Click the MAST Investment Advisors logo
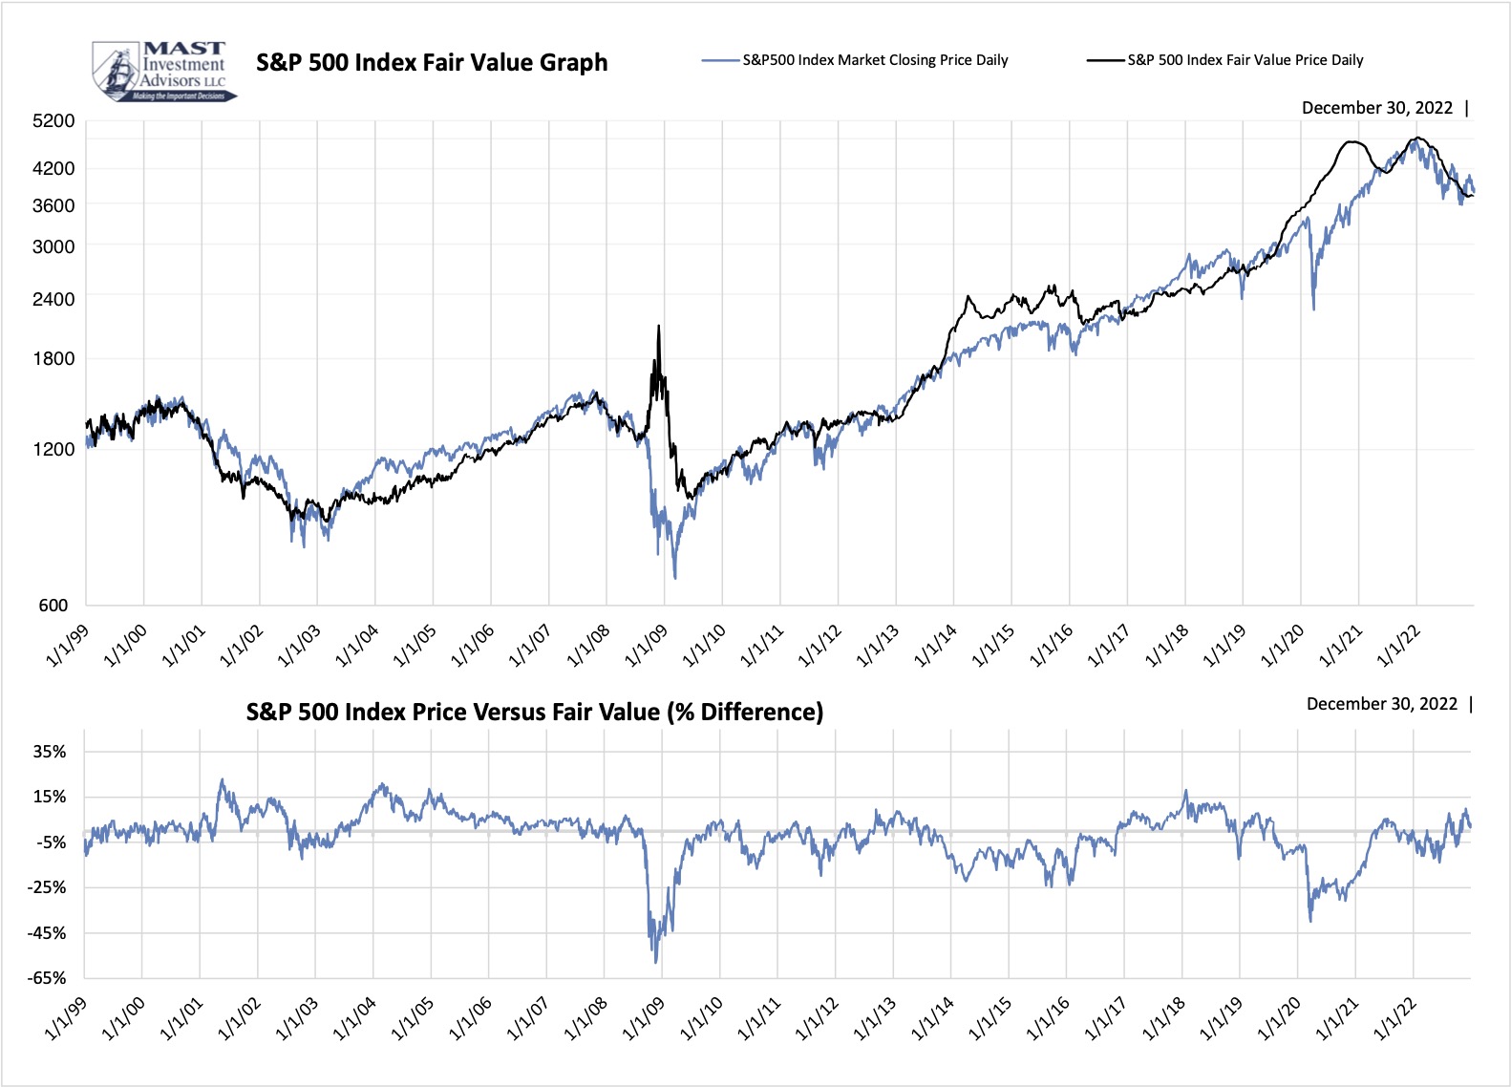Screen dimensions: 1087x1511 [162, 71]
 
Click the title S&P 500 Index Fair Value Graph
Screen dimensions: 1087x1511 [432, 63]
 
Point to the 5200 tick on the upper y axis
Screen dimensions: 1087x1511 [53, 121]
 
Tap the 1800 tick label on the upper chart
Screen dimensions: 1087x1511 [53, 359]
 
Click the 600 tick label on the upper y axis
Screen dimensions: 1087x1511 [53, 605]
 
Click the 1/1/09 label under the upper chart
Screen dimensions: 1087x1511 [647, 646]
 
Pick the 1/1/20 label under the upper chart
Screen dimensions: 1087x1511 [1283, 646]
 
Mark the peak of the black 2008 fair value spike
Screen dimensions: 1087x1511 [658, 327]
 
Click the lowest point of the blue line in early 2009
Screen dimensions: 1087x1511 [675, 578]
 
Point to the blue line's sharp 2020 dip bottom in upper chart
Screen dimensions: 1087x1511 [1313, 309]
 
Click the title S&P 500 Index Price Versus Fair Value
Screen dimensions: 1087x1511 [534, 713]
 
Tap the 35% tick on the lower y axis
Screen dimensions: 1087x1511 [50, 752]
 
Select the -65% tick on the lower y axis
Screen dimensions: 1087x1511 [48, 978]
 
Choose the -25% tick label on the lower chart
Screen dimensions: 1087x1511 [48, 887]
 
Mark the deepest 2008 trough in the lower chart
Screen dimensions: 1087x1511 [655, 962]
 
